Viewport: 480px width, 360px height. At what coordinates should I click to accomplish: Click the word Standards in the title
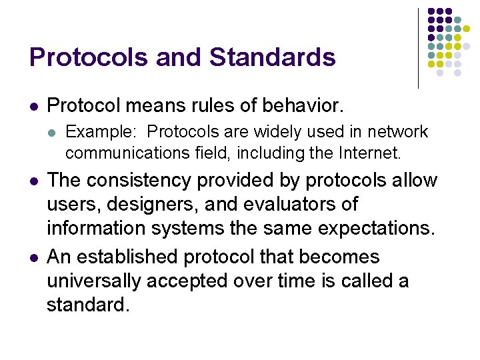[x=273, y=57]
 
